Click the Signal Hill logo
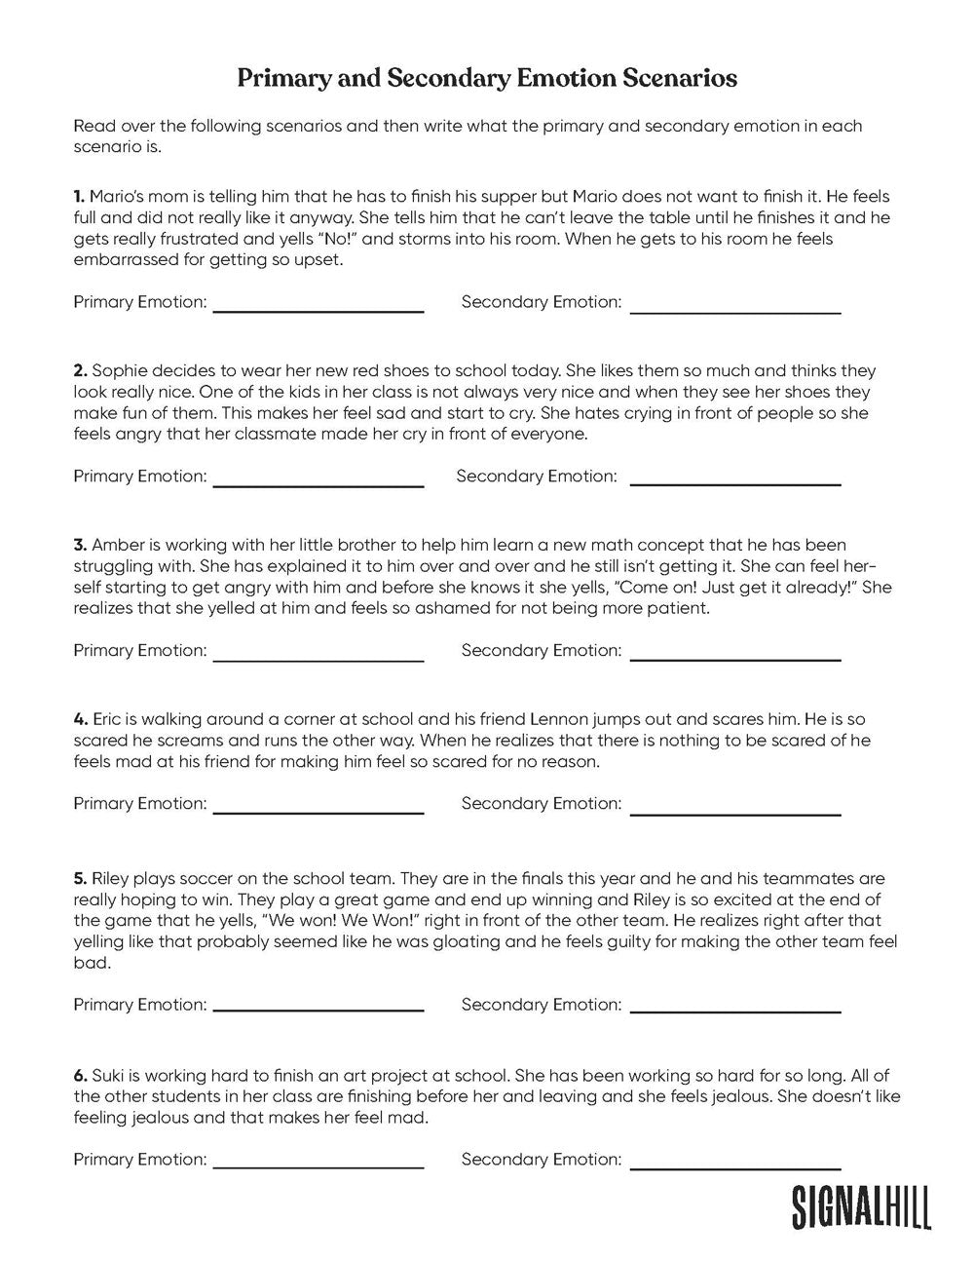tap(861, 1206)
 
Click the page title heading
tap(487, 78)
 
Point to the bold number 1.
tap(79, 197)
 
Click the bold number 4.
tap(80, 719)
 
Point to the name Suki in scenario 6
tap(108, 1076)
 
